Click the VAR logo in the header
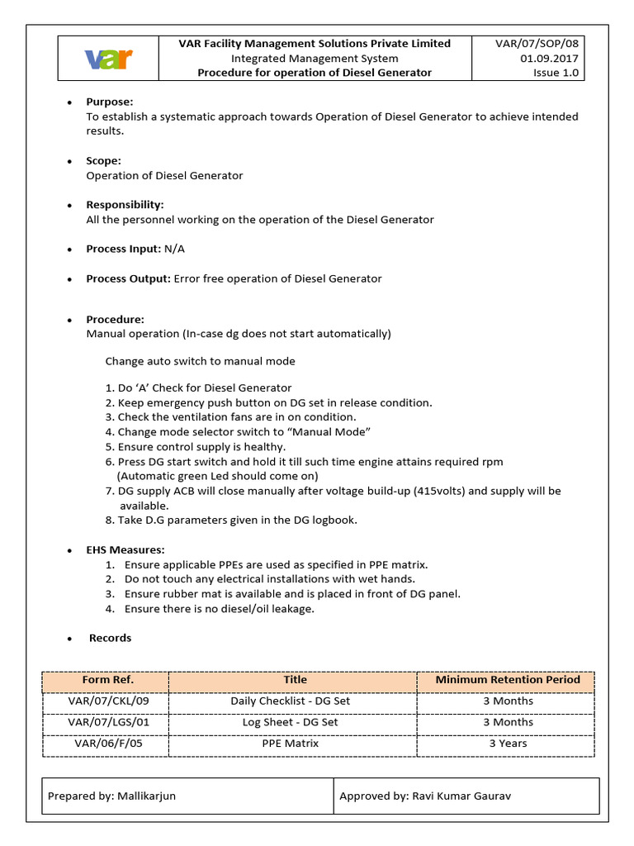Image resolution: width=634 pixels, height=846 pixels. (x=108, y=59)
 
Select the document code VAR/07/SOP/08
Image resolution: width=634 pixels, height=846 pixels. (x=537, y=43)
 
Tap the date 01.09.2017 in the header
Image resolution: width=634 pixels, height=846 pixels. (x=549, y=58)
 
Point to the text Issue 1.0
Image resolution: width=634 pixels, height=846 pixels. (x=556, y=73)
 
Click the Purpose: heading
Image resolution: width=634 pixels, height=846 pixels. (x=110, y=102)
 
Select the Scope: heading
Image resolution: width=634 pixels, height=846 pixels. (x=104, y=161)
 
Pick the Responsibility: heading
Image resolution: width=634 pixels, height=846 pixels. (x=125, y=205)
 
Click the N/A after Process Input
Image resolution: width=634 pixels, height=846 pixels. (x=174, y=249)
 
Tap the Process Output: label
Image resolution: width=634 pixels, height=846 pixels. (x=129, y=279)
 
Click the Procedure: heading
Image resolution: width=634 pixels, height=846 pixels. (x=115, y=319)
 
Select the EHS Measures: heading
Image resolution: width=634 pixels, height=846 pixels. (x=125, y=549)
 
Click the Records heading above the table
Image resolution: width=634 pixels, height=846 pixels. (x=110, y=638)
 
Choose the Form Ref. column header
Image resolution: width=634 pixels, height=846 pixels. (x=107, y=680)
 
